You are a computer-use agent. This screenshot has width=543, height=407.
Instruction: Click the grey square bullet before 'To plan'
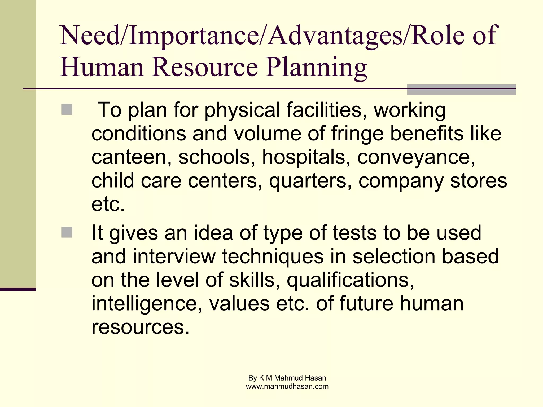[67, 109]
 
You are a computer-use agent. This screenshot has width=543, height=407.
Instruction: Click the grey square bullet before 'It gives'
[67, 232]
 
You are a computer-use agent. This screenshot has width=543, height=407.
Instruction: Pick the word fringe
[357, 134]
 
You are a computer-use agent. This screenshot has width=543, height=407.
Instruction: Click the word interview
[174, 256]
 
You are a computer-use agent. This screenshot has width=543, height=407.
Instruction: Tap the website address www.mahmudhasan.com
[287, 387]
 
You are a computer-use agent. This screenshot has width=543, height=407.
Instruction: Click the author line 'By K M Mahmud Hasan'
[287, 378]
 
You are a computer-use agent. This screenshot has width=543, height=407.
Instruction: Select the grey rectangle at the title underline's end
[461, 90]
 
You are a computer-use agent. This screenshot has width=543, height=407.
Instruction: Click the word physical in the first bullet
[242, 110]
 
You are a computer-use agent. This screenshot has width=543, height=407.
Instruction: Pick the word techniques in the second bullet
[273, 256]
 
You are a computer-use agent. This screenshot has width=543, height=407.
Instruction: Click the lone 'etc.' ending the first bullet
[108, 204]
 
